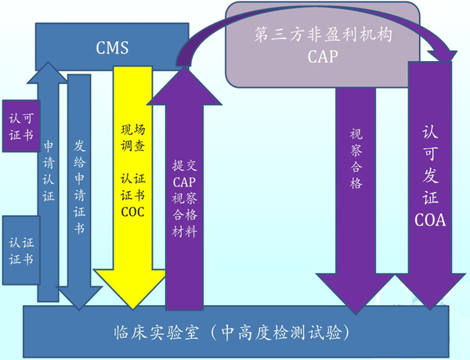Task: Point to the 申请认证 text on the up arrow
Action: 49,172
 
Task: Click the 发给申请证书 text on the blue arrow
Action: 79,188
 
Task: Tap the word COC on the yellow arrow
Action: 128,211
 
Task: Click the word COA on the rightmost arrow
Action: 430,221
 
